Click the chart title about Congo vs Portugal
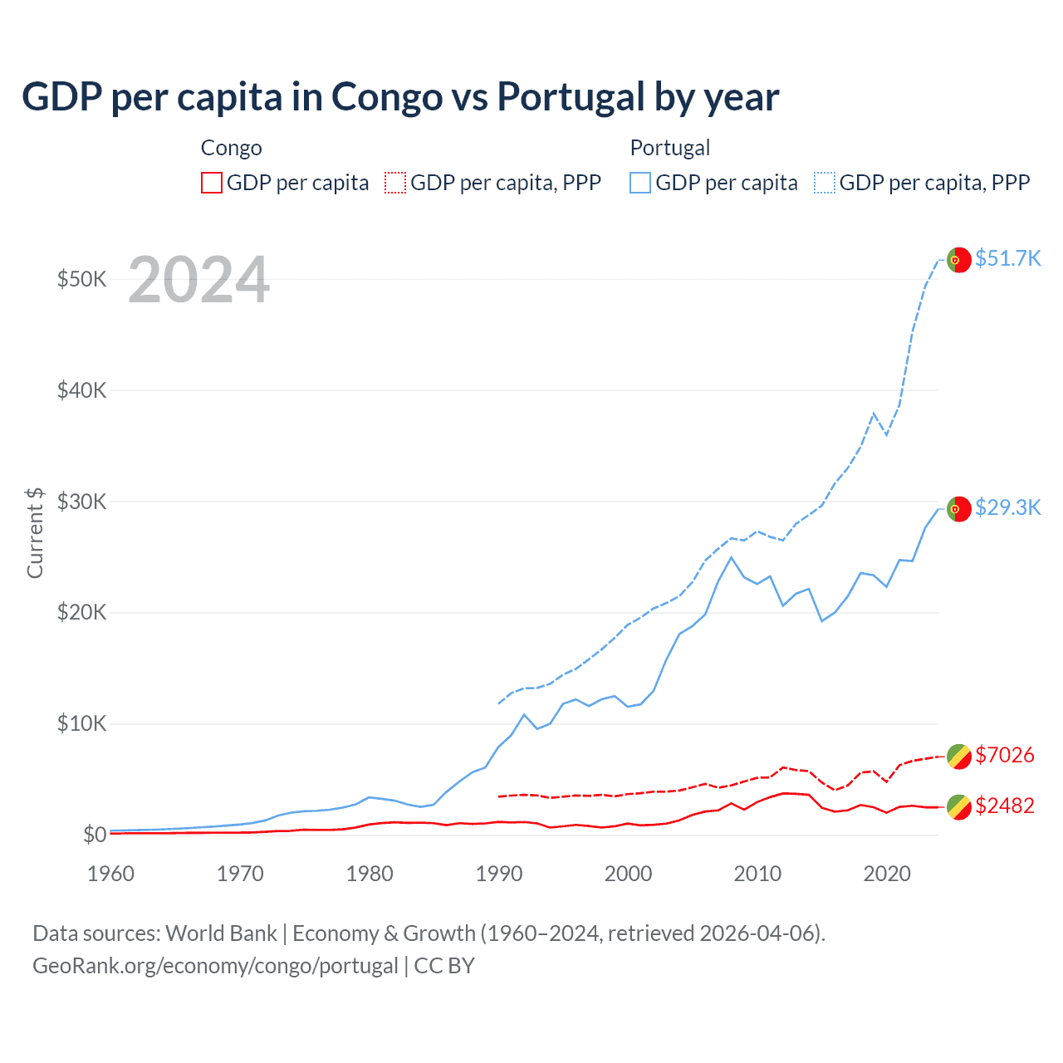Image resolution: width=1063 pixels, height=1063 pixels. coord(400,96)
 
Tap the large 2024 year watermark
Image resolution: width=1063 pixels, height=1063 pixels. coord(198,280)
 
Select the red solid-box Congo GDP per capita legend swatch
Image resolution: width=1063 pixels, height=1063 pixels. coord(212,183)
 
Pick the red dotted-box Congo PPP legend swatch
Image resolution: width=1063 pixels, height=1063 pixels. coord(395,183)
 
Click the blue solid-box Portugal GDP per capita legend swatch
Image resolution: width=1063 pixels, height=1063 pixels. coord(640,183)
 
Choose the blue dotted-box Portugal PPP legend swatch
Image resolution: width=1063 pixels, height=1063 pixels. coord(825,183)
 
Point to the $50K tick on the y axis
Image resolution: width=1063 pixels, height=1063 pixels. coord(81,279)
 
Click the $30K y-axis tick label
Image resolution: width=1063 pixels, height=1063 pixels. coord(81,502)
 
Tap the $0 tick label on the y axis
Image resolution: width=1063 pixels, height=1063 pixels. coord(95,835)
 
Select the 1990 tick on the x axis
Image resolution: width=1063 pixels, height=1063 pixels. coord(499,874)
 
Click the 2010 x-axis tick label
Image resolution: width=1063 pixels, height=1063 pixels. coord(757,874)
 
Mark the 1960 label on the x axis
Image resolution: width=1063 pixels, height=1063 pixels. coord(110,874)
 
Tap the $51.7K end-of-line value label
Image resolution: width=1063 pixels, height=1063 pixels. coord(1007,258)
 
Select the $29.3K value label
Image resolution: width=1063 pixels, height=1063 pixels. coord(1007,507)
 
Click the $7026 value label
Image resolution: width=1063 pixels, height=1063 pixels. coord(1005,755)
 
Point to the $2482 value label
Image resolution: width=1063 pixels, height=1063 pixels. coord(1005,806)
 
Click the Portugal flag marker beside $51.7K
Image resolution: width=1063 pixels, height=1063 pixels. coord(959,260)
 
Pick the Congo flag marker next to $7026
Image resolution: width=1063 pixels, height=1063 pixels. coord(959,756)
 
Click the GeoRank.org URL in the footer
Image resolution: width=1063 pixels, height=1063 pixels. coord(215,966)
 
